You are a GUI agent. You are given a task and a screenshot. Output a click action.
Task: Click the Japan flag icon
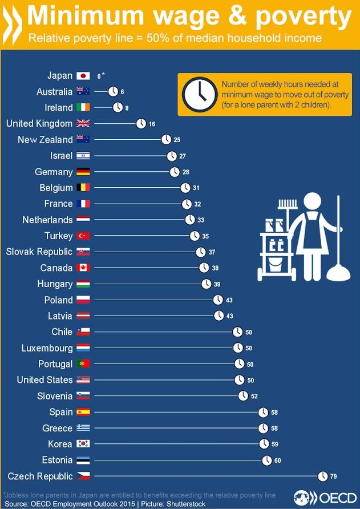pyautogui.click(x=83, y=75)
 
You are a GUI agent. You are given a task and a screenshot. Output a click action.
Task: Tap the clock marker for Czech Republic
pyautogui.click(x=323, y=476)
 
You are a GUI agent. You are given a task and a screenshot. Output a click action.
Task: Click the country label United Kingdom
pyautogui.click(x=39, y=123)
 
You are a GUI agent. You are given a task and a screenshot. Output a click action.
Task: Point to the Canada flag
pyautogui.click(x=83, y=268)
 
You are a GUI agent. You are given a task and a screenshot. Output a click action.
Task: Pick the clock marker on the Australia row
pyautogui.click(x=113, y=91)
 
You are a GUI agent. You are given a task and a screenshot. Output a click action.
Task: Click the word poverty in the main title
pyautogui.click(x=304, y=17)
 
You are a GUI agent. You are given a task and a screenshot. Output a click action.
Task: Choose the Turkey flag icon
pyautogui.click(x=83, y=236)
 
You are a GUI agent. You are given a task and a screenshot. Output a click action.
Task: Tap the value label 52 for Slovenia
pyautogui.click(x=254, y=396)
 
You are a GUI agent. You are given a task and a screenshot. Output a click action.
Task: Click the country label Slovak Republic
pyautogui.click(x=39, y=252)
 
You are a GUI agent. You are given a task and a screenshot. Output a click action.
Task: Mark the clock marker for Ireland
pyautogui.click(x=118, y=107)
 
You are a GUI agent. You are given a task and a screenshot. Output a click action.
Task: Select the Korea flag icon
pyautogui.click(x=83, y=444)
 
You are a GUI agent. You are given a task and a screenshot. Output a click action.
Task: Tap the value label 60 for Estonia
pyautogui.click(x=278, y=460)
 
